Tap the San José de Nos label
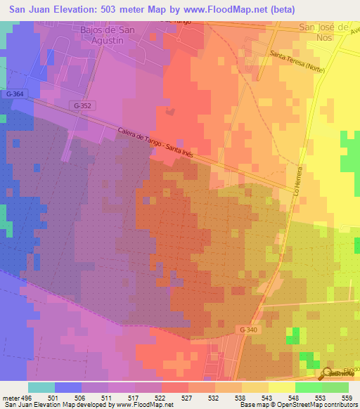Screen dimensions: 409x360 [324, 33]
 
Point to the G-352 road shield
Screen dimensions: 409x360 [82, 105]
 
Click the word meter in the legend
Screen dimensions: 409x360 [8, 397]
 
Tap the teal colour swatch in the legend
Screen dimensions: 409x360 [41, 387]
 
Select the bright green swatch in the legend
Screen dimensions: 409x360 [309, 387]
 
